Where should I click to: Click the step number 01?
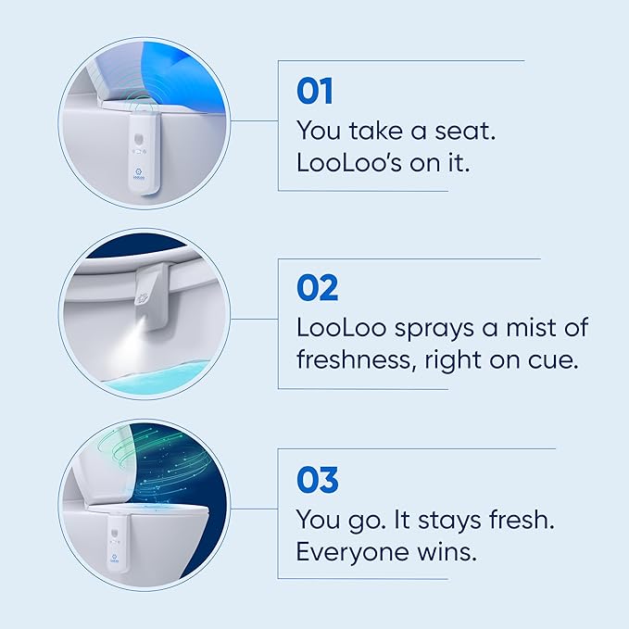point(315,92)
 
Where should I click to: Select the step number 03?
point(318,480)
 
